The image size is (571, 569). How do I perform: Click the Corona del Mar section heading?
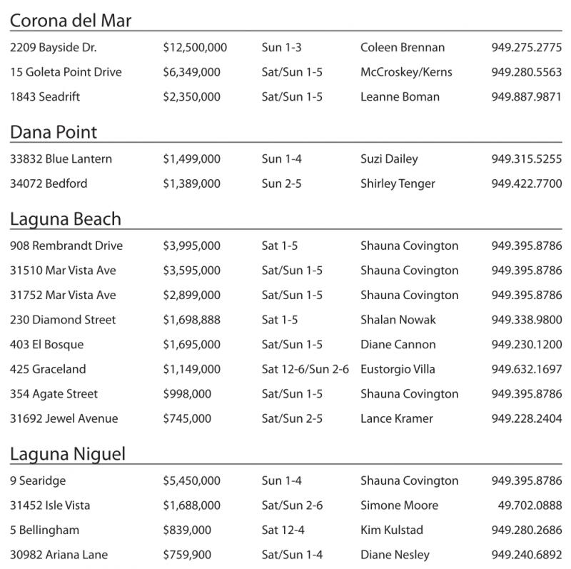71,21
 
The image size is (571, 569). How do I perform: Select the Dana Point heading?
54,132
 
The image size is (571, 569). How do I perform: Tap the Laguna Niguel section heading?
68,454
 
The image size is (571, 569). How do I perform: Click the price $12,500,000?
195,48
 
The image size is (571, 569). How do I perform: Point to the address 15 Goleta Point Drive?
66,72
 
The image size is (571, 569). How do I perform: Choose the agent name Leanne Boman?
400,97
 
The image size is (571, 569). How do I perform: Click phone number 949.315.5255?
526,159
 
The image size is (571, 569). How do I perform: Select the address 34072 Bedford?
49,183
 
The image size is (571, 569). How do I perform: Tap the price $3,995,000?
191,246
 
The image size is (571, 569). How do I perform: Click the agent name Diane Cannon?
398,345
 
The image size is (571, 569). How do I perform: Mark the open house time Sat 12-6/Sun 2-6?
305,369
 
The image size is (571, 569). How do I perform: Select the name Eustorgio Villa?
398,369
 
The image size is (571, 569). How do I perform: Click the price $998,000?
187,394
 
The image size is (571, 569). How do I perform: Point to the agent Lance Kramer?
396,419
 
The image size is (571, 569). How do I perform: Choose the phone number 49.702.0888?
530,505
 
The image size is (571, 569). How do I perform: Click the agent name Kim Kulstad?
391,530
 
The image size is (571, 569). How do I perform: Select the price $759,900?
187,555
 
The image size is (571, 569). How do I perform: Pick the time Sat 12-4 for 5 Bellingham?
283,530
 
